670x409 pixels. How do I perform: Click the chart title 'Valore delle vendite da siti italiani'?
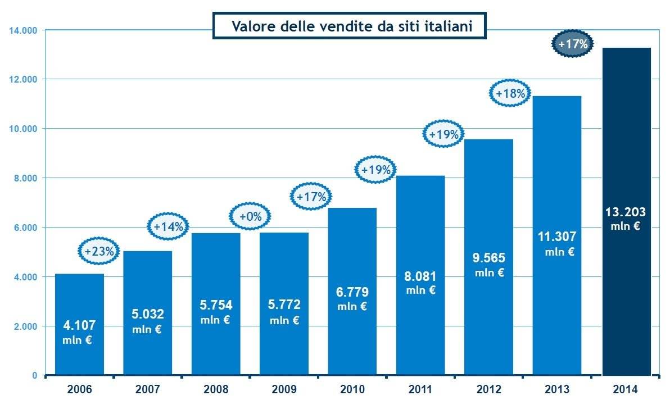pos(350,26)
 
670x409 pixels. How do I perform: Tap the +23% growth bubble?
pos(99,252)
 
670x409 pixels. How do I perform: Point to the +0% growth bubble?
pos(250,216)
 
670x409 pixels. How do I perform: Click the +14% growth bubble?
pos(169,227)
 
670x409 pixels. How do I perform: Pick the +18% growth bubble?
pos(510,93)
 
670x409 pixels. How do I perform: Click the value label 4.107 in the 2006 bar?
pos(79,325)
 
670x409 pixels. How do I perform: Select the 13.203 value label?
pos(626,212)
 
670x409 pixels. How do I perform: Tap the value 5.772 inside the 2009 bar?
pos(284,305)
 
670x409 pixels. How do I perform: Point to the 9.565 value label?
pos(489,258)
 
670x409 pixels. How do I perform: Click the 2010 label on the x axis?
pos(352,389)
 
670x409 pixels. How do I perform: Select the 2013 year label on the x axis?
pos(556,389)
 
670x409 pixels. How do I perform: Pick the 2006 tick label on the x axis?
pos(79,389)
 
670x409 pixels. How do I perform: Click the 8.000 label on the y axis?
pos(25,178)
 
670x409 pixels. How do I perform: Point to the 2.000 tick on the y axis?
pos(25,326)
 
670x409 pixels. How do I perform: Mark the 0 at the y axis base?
pos(34,375)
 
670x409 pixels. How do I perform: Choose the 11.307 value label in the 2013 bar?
pos(556,237)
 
